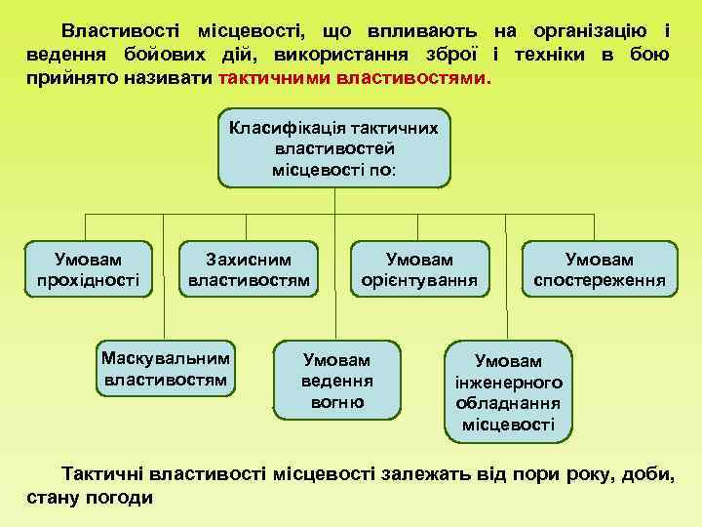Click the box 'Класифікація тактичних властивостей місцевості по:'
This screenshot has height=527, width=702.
pos(334,149)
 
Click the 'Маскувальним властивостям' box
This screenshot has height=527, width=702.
pos(165,367)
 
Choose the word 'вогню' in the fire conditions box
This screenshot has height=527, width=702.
pos(337,402)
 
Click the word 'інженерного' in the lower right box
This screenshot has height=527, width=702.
pos(508,382)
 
